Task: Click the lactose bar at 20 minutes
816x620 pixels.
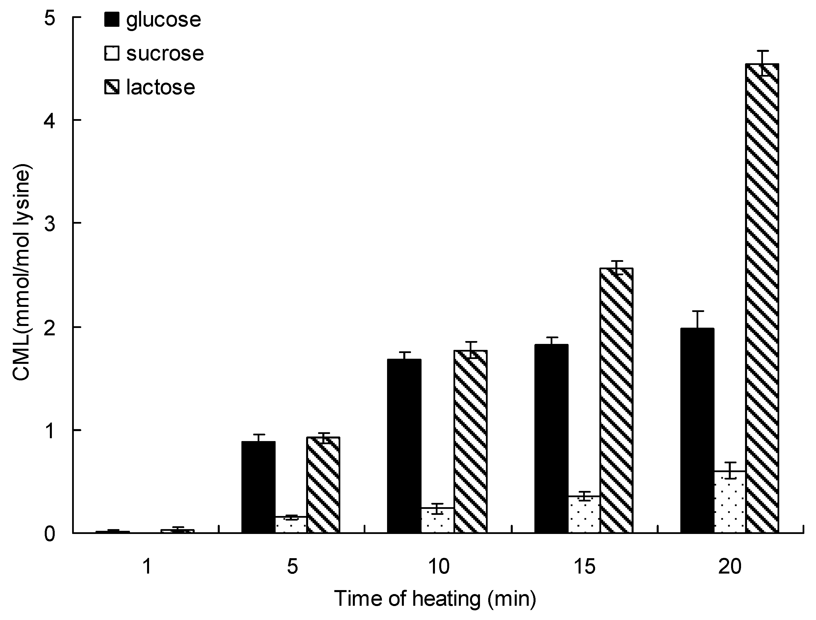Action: [x=762, y=299]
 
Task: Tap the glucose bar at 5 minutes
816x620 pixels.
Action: [x=258, y=487]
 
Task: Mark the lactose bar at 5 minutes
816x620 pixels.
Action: [x=323, y=485]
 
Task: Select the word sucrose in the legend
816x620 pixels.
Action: [x=165, y=54]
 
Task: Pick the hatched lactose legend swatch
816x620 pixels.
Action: [x=112, y=87]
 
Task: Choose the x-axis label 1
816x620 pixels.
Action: [x=147, y=566]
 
